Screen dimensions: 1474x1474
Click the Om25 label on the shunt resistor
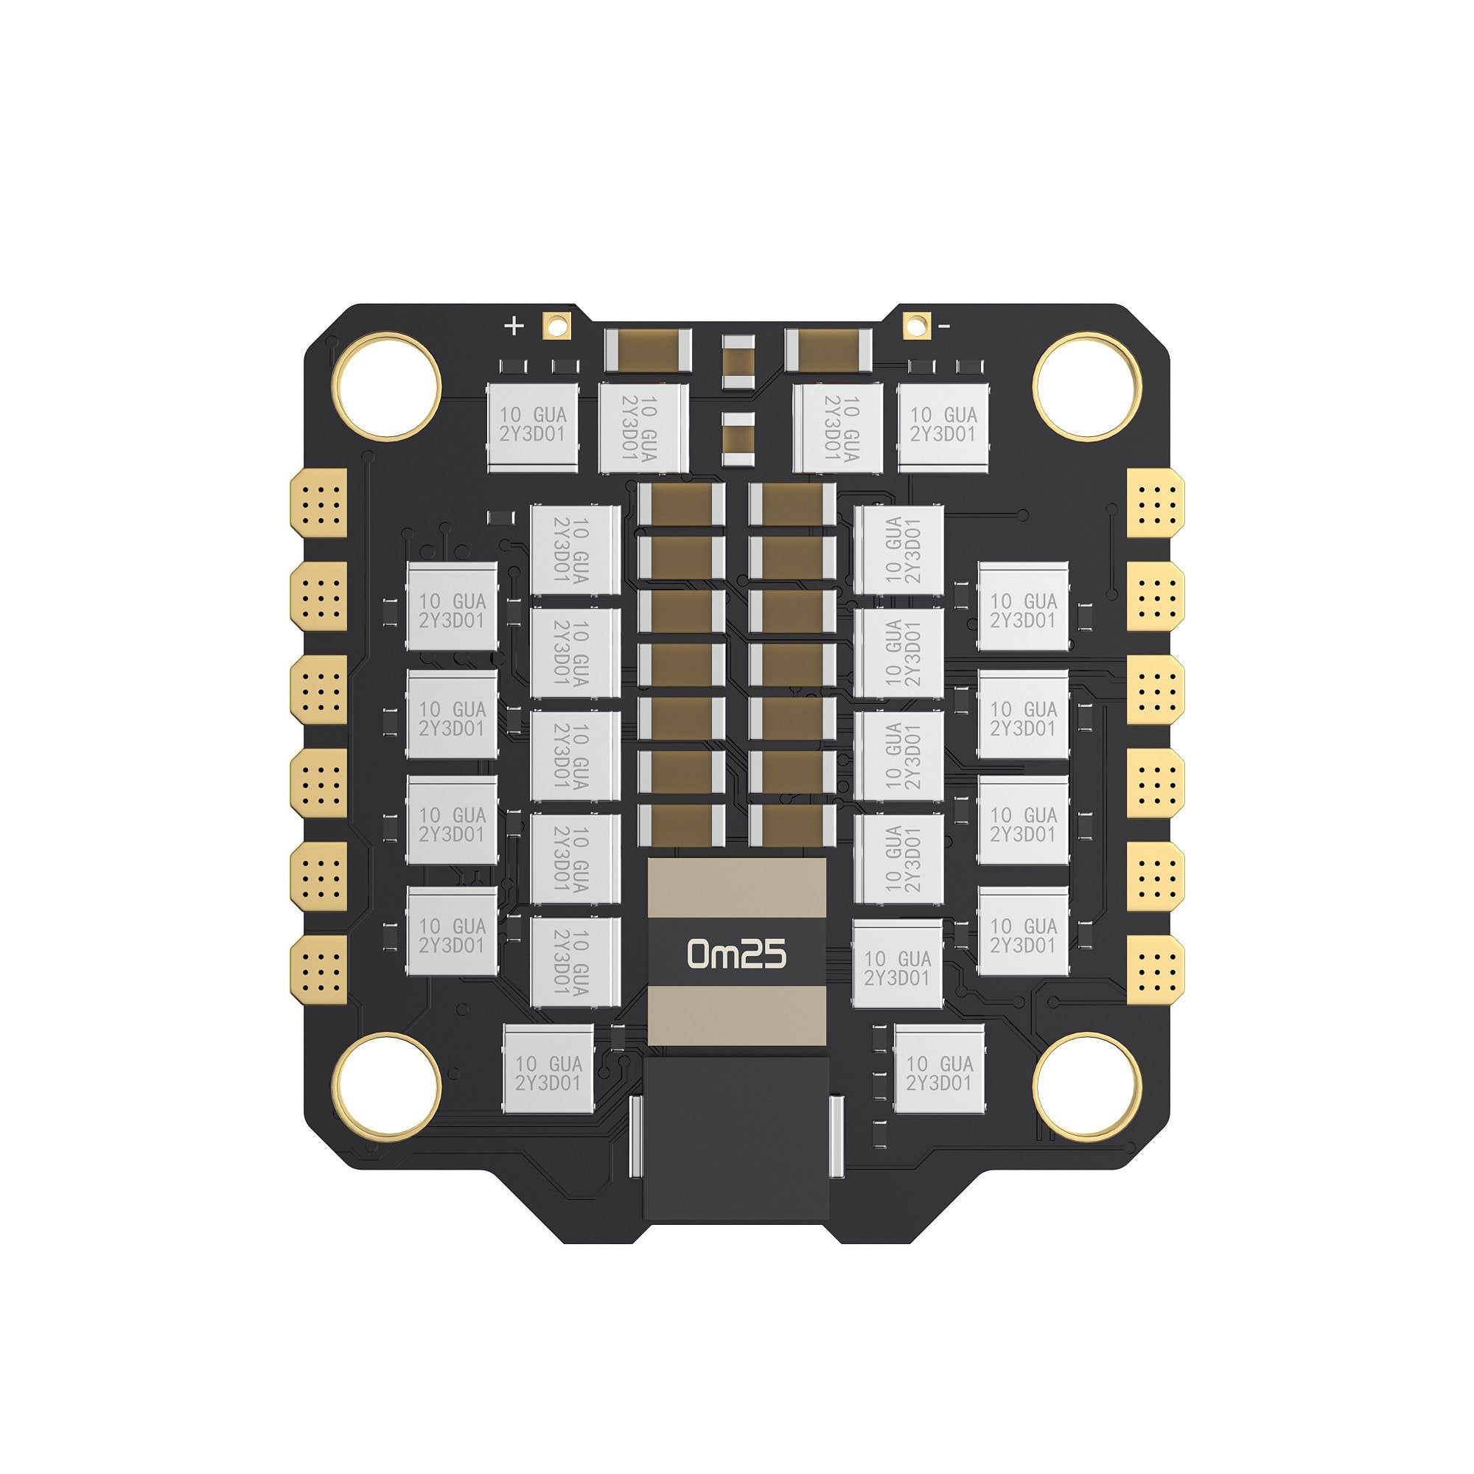pyautogui.click(x=736, y=954)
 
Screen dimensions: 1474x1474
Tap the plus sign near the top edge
pyautogui.click(x=514, y=326)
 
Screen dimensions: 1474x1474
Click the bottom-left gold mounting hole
pyautogui.click(x=389, y=1085)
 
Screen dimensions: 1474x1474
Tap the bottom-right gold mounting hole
pyautogui.click(x=1084, y=1085)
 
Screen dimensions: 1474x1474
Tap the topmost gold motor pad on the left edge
pyautogui.click(x=319, y=498)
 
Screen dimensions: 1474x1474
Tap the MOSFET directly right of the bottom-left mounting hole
pyautogui.click(x=548, y=1072)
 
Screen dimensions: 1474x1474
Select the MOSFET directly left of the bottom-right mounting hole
pyautogui.click(x=939, y=1072)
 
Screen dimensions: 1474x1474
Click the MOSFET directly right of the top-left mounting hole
pyautogui.click(x=533, y=425)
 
